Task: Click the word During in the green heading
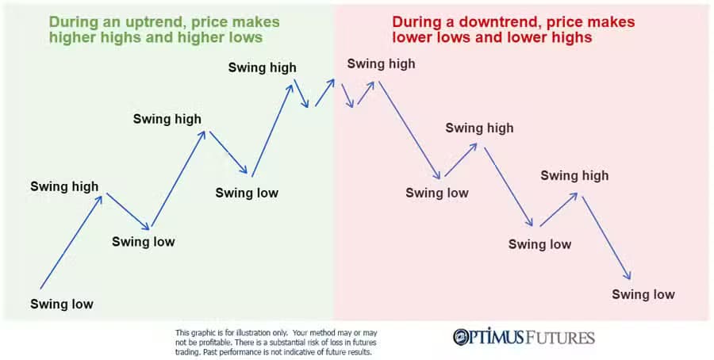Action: [x=72, y=21]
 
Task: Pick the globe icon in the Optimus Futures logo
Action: [x=463, y=337]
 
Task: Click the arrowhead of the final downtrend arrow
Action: [x=628, y=276]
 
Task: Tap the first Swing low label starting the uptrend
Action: [x=62, y=304]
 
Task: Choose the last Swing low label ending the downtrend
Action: [x=643, y=294]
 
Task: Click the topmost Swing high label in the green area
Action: [x=262, y=67]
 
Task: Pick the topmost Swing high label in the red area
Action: [x=381, y=64]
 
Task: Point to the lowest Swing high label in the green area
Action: [x=64, y=187]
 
